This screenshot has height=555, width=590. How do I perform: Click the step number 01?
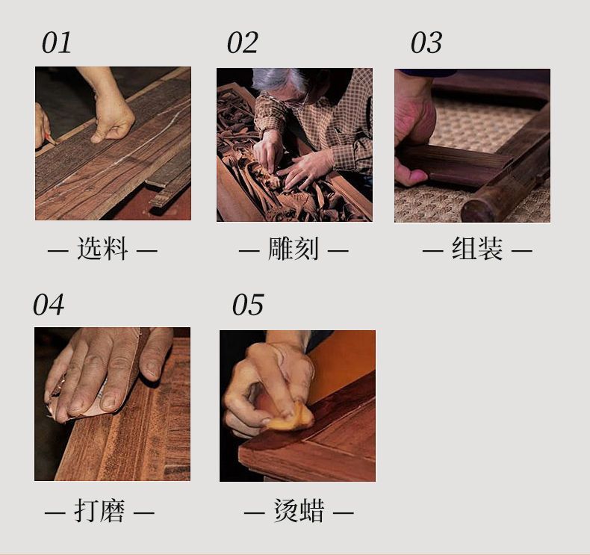(57, 43)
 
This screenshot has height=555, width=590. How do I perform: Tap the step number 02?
(243, 43)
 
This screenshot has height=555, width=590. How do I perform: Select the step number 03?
(426, 43)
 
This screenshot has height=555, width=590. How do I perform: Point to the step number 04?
(49, 305)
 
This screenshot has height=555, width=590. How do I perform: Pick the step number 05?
(248, 305)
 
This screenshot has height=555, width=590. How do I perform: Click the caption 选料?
(102, 249)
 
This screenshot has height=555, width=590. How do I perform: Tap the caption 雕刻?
(294, 249)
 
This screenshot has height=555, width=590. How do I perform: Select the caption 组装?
(477, 249)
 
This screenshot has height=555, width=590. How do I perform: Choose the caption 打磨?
(99, 511)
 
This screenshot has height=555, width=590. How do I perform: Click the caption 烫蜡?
(299, 511)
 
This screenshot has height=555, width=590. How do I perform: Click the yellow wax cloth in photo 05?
(291, 418)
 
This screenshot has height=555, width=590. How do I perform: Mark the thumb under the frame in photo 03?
(411, 176)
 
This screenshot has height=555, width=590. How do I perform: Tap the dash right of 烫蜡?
(343, 512)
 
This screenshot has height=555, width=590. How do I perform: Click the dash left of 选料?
(58, 250)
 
